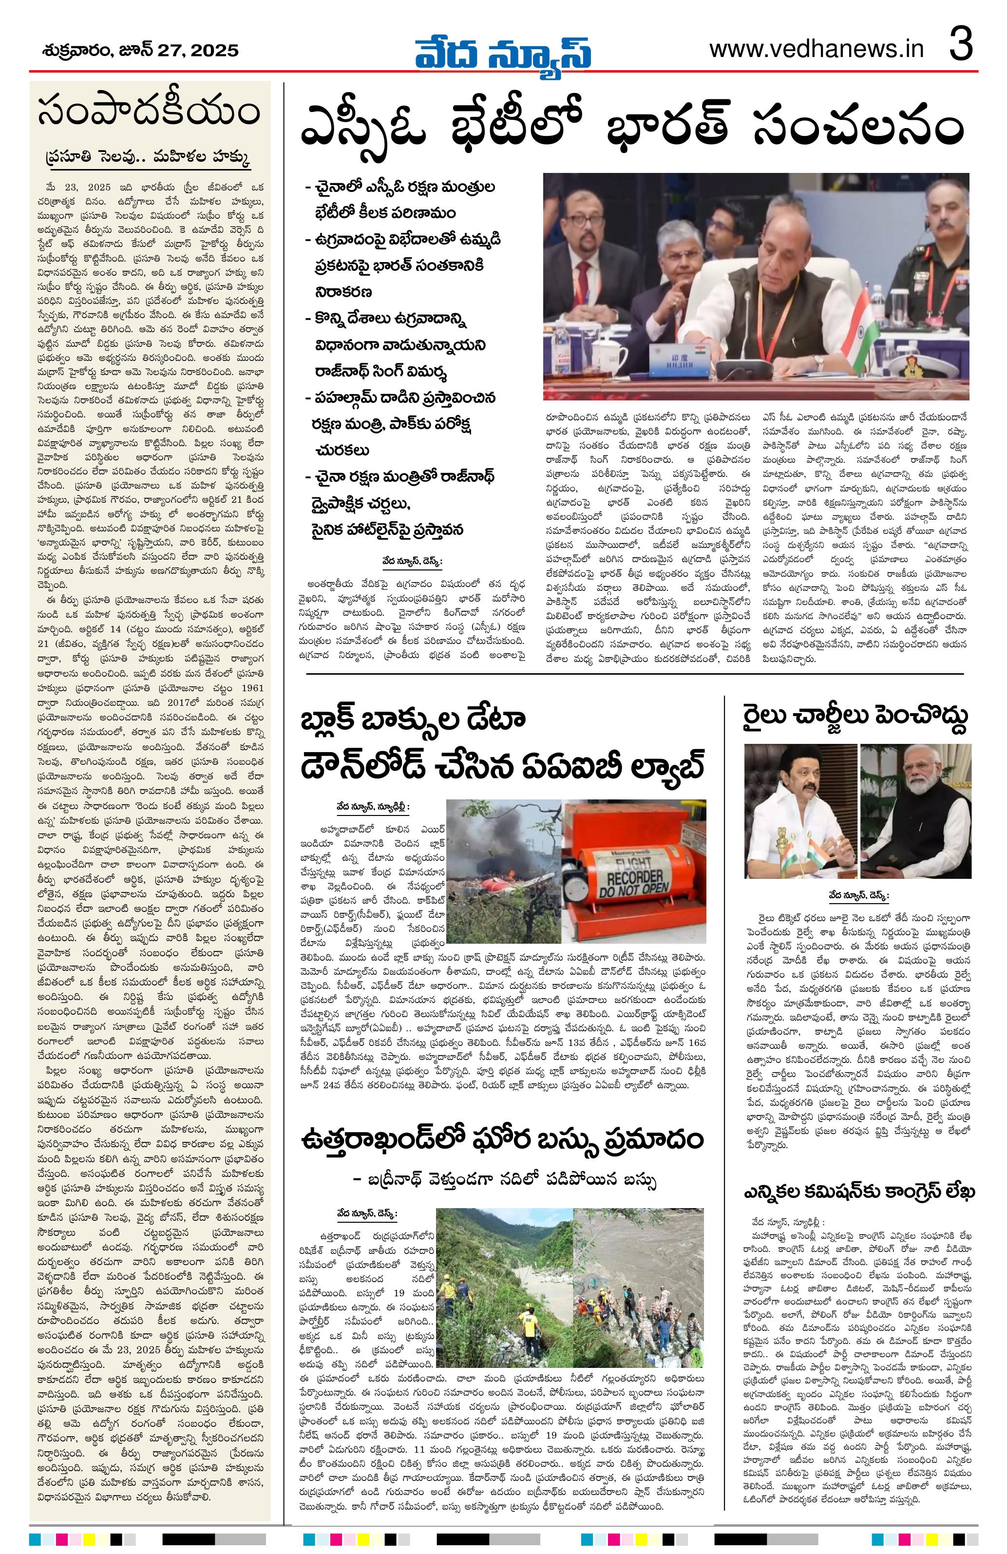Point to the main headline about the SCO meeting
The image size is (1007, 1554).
pyautogui.click(x=631, y=127)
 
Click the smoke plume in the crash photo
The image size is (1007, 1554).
pyautogui.click(x=496, y=829)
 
